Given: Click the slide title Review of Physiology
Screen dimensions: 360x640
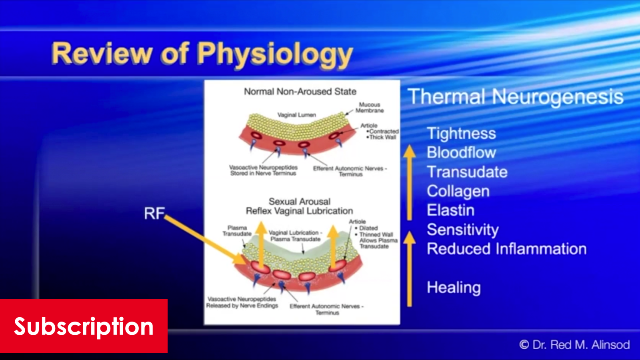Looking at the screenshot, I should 202,54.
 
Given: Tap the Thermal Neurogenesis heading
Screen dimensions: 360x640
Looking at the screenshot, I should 515,97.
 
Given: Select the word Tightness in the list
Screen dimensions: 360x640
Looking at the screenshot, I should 461,133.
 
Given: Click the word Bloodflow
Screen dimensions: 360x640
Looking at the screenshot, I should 461,152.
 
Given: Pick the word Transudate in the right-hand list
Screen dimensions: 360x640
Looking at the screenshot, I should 467,172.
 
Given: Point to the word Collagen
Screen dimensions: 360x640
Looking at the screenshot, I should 458,191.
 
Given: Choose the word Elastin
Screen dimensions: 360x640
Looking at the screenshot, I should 450,210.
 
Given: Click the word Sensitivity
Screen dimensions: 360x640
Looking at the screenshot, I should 463,230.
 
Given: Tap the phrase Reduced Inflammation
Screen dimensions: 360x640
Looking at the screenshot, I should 506,249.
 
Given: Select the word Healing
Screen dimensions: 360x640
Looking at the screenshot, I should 454,287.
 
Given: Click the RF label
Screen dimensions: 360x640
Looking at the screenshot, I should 154,213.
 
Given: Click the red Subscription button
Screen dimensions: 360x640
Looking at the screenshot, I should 84,326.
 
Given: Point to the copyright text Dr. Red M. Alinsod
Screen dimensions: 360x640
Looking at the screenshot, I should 574,344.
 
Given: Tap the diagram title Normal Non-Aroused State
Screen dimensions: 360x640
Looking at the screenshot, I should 300,92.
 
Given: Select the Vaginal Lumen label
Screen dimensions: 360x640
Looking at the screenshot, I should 296,115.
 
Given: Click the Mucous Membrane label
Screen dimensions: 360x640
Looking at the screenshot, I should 370,108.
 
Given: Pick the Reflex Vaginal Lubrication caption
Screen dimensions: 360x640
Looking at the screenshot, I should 299,211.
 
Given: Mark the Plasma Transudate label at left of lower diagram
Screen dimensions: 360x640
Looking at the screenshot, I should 237,231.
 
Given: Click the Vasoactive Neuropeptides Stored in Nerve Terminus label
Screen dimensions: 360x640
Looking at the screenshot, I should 263,170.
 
